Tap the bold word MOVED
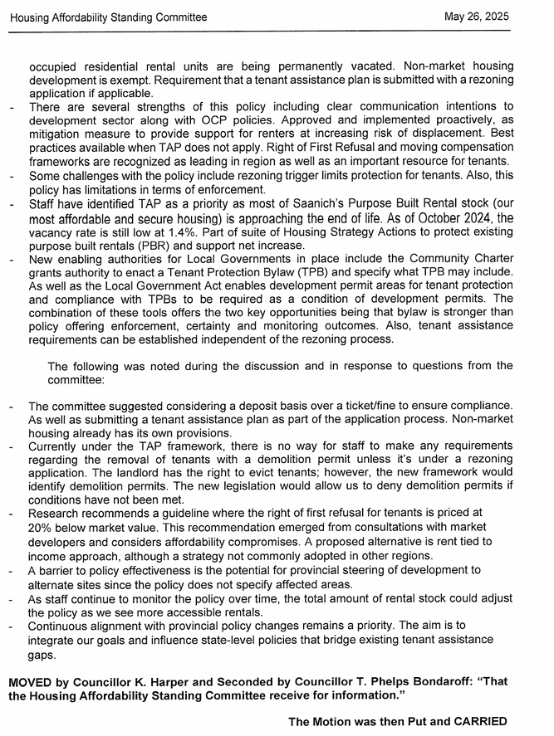(x=32, y=681)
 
